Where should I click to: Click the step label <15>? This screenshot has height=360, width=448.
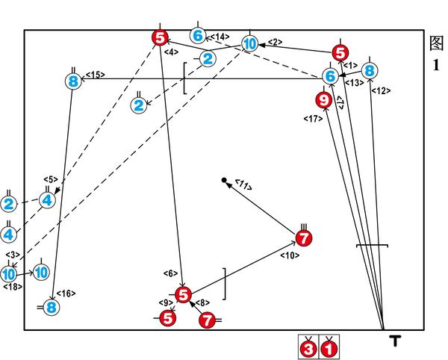(95, 75)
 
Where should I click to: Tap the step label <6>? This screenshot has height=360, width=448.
(170, 274)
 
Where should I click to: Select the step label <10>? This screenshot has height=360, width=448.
(290, 255)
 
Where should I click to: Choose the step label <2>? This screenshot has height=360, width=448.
(275, 43)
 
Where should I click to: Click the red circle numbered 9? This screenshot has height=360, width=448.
(323, 99)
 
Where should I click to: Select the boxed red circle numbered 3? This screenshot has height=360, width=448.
(308, 347)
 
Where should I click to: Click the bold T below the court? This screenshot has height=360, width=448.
(395, 342)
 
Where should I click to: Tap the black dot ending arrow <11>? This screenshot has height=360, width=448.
(224, 180)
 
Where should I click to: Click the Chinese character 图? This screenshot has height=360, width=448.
(438, 42)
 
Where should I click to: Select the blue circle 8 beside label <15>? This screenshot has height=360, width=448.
(72, 81)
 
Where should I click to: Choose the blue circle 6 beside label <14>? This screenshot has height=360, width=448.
(197, 36)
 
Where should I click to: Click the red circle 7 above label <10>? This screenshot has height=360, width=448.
(304, 238)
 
